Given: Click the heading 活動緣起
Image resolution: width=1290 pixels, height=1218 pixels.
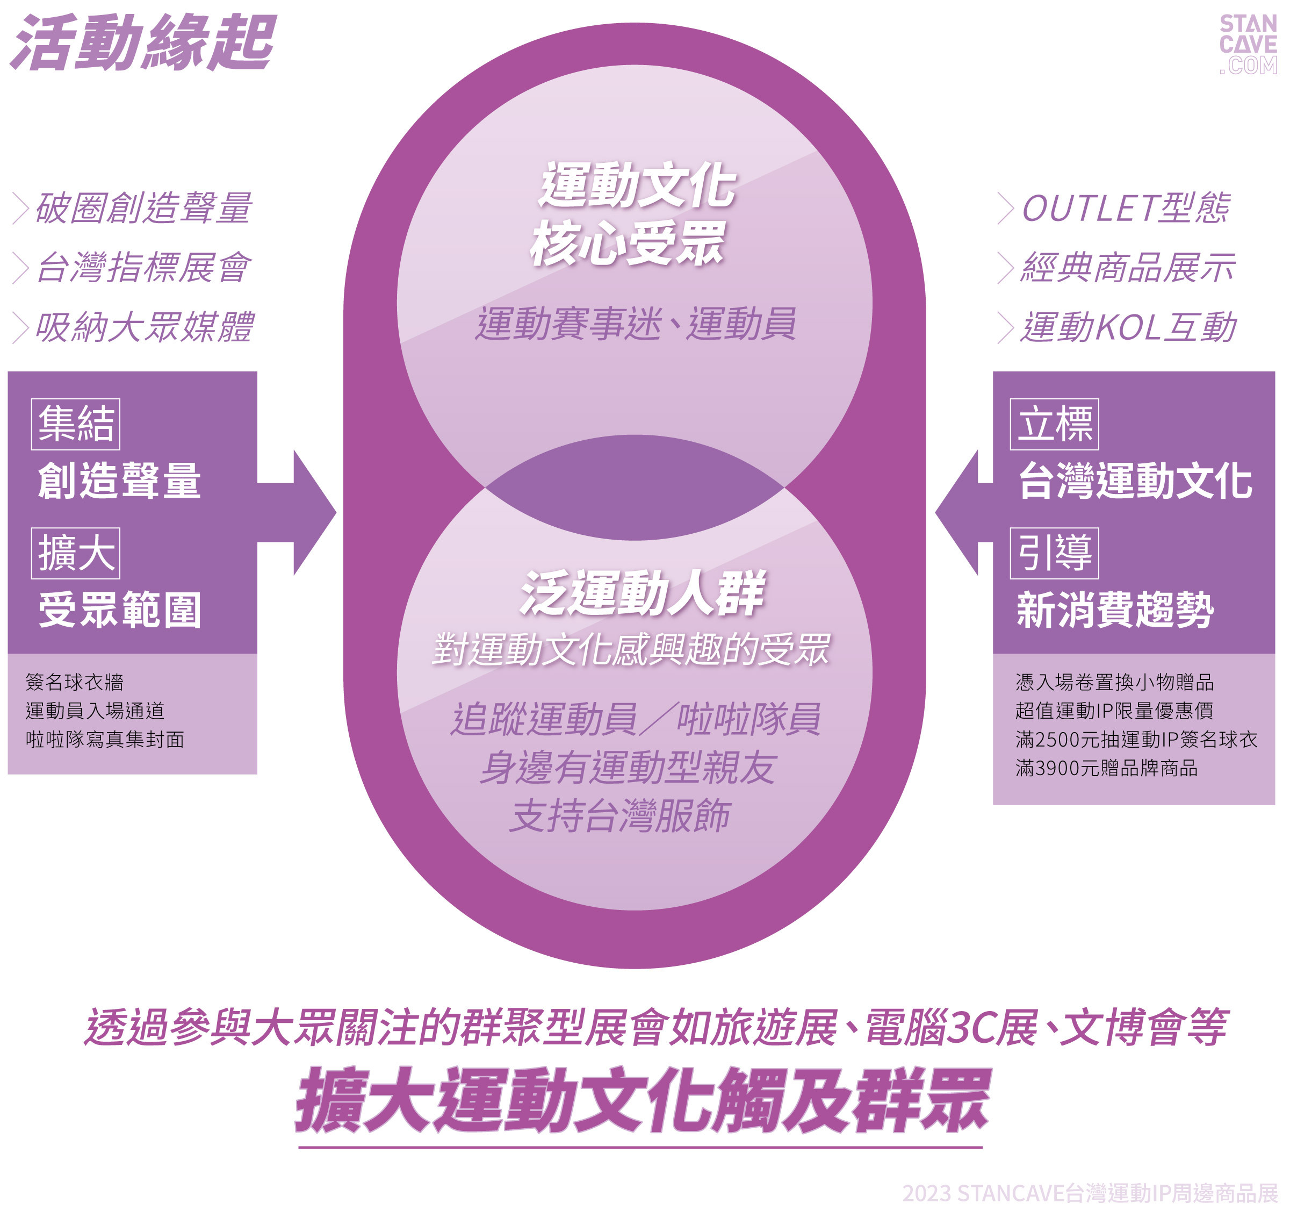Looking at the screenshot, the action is pyautogui.click(x=144, y=43).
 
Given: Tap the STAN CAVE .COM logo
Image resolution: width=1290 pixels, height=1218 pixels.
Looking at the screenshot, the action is pyautogui.click(x=1247, y=44).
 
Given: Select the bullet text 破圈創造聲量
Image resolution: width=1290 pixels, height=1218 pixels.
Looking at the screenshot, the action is pyautogui.click(x=143, y=209).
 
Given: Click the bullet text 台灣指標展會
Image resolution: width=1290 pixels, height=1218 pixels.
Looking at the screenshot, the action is pyautogui.click(x=143, y=268).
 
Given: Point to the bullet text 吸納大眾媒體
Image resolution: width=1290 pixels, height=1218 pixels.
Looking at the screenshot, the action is pyautogui.click(x=144, y=327).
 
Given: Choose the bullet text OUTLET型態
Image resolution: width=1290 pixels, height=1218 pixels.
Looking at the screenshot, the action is pyautogui.click(x=1125, y=209).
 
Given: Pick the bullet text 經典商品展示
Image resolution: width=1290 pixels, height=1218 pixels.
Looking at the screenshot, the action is pyautogui.click(x=1128, y=268).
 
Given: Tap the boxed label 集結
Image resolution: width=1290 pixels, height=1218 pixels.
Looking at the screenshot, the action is pyautogui.click(x=76, y=424).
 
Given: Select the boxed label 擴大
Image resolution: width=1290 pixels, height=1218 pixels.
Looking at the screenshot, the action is pyautogui.click(x=76, y=553).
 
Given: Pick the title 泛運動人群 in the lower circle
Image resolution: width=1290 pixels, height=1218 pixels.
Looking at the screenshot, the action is pyautogui.click(x=643, y=593).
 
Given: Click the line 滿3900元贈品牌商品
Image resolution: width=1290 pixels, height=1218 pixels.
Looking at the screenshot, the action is pyautogui.click(x=1106, y=769).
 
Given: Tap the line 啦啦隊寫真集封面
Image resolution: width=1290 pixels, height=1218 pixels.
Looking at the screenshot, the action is pyautogui.click(x=105, y=740).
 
